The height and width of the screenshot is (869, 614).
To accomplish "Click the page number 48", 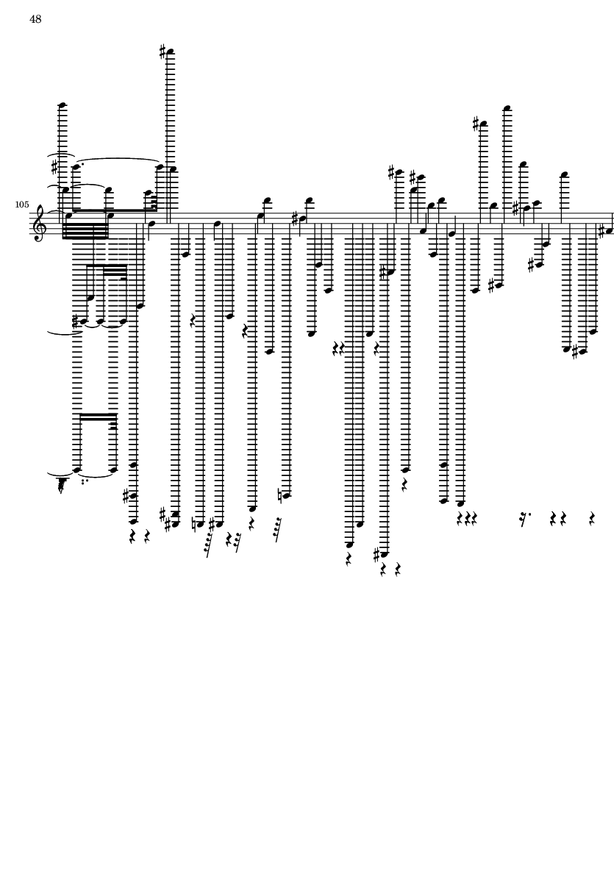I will coord(35,19).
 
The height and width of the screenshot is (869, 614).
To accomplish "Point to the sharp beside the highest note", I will coord(163,52).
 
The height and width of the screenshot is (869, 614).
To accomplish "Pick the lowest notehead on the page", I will coord(350,545).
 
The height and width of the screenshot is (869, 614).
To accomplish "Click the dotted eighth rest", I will coord(523,519).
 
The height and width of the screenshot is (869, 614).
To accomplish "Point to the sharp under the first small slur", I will coord(55,168).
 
